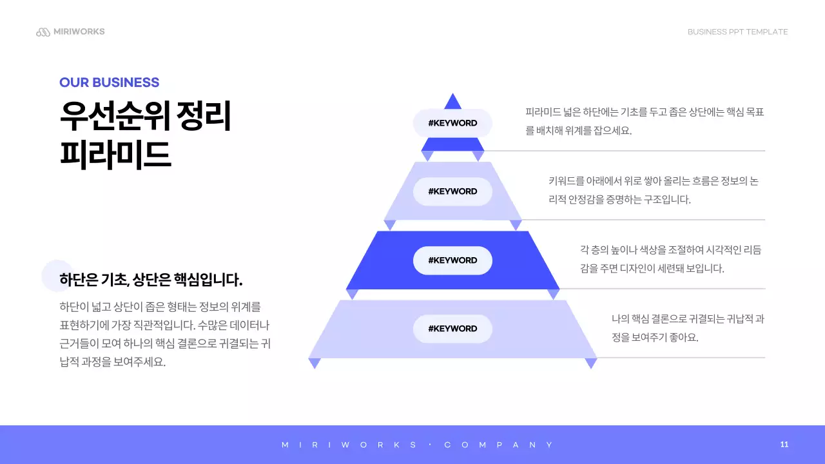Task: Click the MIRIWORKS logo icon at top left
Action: pos(43,32)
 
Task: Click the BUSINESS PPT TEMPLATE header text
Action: pos(737,32)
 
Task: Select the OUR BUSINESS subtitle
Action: pos(109,82)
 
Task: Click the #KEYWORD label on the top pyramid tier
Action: pos(452,123)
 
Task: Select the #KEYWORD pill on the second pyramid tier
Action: pos(452,191)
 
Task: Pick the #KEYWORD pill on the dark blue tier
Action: pos(452,260)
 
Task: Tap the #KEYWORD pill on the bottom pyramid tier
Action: pos(452,329)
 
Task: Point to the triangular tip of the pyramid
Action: pos(452,102)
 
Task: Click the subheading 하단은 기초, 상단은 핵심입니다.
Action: pos(151,280)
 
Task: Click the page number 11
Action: pos(784,445)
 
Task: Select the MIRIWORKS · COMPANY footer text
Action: pos(418,445)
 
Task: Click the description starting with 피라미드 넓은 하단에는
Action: pos(645,121)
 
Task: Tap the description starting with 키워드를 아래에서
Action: pos(653,190)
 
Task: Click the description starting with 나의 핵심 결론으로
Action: pos(687,328)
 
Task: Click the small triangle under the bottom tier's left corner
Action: pos(315,363)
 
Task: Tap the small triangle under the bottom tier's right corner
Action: pos(591,363)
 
